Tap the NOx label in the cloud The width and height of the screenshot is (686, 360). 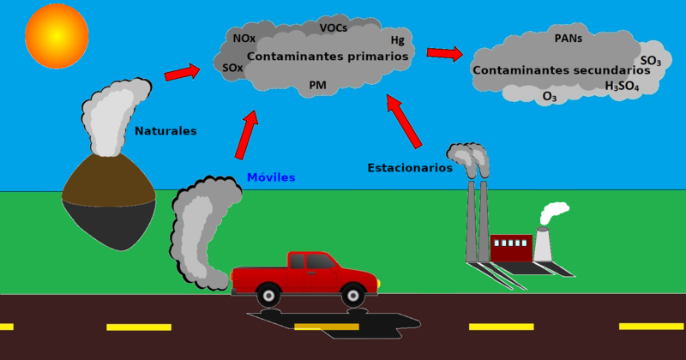pyautogui.click(x=244, y=39)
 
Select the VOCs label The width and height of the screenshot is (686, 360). pyautogui.click(x=334, y=28)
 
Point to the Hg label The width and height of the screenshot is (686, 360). pyautogui.click(x=397, y=40)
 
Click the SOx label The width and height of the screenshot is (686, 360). pyautogui.click(x=232, y=68)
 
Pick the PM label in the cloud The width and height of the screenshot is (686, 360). pyautogui.click(x=317, y=85)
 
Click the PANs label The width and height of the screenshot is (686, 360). pyautogui.click(x=569, y=39)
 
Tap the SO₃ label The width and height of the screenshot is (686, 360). pyautogui.click(x=650, y=61)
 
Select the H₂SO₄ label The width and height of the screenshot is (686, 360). pyautogui.click(x=622, y=87)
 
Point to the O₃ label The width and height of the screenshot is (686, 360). pyautogui.click(x=550, y=98)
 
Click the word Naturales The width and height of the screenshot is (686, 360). pyautogui.click(x=165, y=131)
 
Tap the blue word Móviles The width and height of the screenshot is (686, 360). pyautogui.click(x=271, y=177)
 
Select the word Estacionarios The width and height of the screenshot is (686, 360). pyautogui.click(x=410, y=168)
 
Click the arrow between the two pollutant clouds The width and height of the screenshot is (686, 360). pyautogui.click(x=444, y=54)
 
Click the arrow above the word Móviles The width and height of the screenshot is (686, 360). pyautogui.click(x=247, y=135)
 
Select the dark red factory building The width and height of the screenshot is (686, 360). pyautogui.click(x=511, y=249)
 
